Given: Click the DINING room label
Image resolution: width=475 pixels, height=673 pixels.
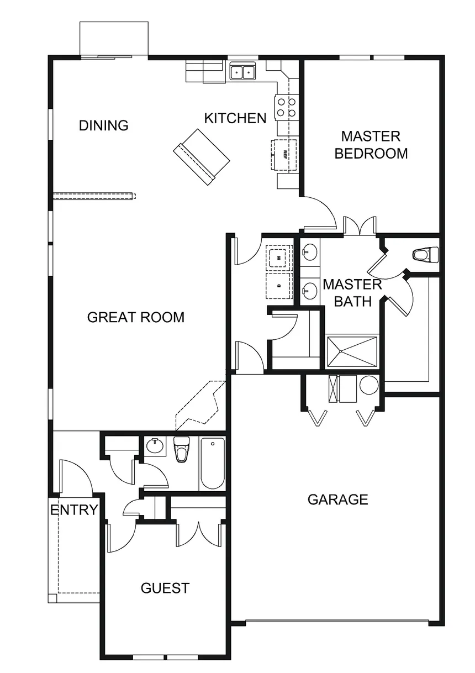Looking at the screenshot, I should coord(104,125).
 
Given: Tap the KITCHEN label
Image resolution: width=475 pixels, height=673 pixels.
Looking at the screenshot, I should coord(235,118).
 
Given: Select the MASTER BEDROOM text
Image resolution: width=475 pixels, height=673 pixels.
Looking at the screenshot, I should coord(371,145).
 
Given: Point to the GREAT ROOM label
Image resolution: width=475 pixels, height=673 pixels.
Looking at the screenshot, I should coord(136,317).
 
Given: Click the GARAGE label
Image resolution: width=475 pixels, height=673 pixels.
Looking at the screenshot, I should coord(337,500).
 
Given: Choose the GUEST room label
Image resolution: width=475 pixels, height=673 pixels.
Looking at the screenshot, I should coord(165,588).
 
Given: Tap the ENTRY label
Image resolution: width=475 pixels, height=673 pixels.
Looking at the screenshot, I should coord(75,510).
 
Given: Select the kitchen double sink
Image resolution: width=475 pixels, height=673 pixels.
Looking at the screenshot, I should coord(242,72).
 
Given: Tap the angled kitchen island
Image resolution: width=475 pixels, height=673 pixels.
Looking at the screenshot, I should coord(202,157).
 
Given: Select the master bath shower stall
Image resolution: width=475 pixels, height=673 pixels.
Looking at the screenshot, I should coord(352,351).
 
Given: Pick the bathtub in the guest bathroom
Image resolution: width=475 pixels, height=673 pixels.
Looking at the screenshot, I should coord(212,463).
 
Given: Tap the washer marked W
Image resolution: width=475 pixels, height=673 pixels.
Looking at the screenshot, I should coord(279,257).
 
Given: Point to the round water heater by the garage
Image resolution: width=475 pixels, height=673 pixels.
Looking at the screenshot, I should coord(369,385).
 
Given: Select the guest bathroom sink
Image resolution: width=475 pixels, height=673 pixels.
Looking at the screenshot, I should coord(155,446).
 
